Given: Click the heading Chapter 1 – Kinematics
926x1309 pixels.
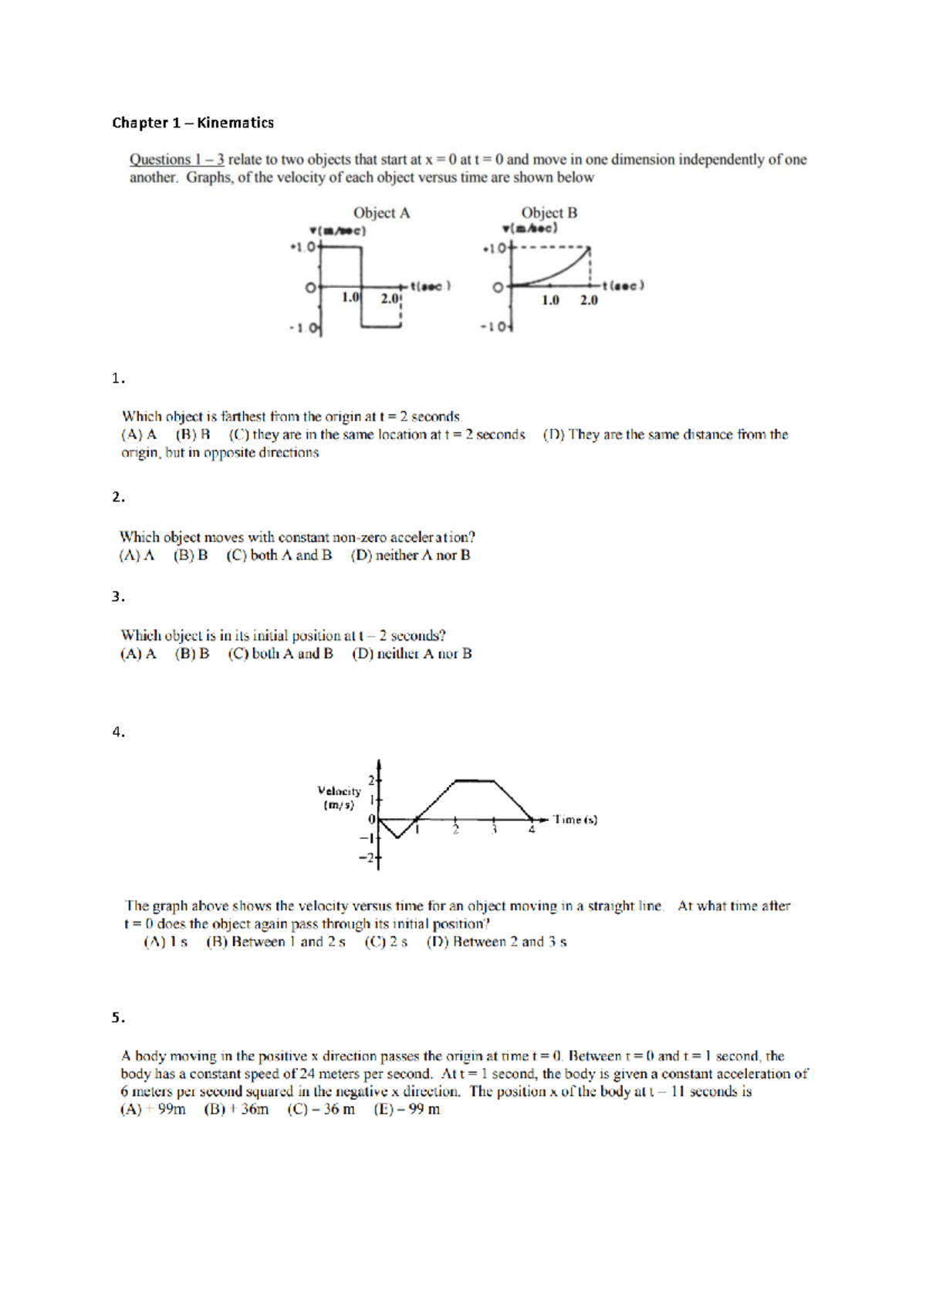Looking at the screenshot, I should pos(193,123).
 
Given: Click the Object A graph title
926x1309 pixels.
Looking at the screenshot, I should pos(381,213).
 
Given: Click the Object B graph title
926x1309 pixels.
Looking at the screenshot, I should pos(549,213).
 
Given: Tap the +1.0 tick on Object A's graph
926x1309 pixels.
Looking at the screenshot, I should pos(303,247).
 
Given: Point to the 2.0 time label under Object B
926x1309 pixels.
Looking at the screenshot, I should pos(589,300).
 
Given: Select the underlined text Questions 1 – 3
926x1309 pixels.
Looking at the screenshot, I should pos(177,160).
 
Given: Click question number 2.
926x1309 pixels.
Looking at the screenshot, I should pos(118,497).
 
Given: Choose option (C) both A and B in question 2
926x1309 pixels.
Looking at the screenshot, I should pos(279,555).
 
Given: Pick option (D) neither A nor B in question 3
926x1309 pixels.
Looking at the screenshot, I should pos(412,654).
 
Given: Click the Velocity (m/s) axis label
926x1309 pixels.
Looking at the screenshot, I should pos(339,797).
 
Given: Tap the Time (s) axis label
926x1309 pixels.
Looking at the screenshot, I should pos(575,820).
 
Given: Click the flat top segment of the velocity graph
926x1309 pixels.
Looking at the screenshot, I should pos(475,781).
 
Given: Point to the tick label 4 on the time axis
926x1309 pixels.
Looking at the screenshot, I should pos(532,830).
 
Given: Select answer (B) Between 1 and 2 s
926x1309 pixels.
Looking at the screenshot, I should pos(275,942).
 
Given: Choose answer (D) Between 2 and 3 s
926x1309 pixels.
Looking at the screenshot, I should pos(496,942).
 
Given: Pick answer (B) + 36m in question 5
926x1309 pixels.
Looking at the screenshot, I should pos(236,1109).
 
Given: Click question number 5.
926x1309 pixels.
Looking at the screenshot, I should pos(118,1017).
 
